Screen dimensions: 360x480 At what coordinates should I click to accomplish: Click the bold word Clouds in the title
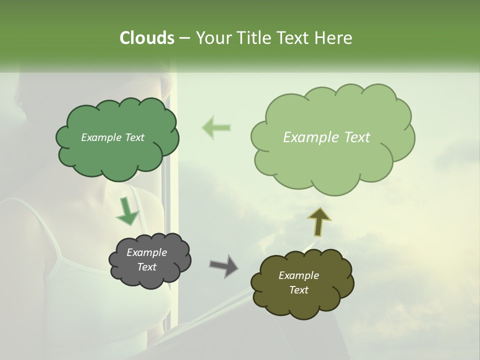[x=146, y=38]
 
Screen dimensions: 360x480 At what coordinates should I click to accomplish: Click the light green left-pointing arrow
[x=216, y=127]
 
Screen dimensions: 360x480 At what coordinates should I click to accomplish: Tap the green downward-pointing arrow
[x=127, y=212]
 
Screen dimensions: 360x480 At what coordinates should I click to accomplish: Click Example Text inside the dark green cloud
[x=112, y=137]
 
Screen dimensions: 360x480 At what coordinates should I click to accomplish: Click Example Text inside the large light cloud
[x=326, y=137]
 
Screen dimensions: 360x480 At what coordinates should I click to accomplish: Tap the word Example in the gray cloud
[x=146, y=252]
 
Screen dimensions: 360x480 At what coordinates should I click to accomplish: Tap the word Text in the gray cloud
[x=146, y=267]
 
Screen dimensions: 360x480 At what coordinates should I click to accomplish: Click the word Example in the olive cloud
[x=298, y=275]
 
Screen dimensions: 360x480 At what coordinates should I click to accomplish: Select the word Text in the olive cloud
[x=298, y=290]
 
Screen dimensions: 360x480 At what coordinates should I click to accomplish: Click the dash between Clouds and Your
[x=184, y=38]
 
